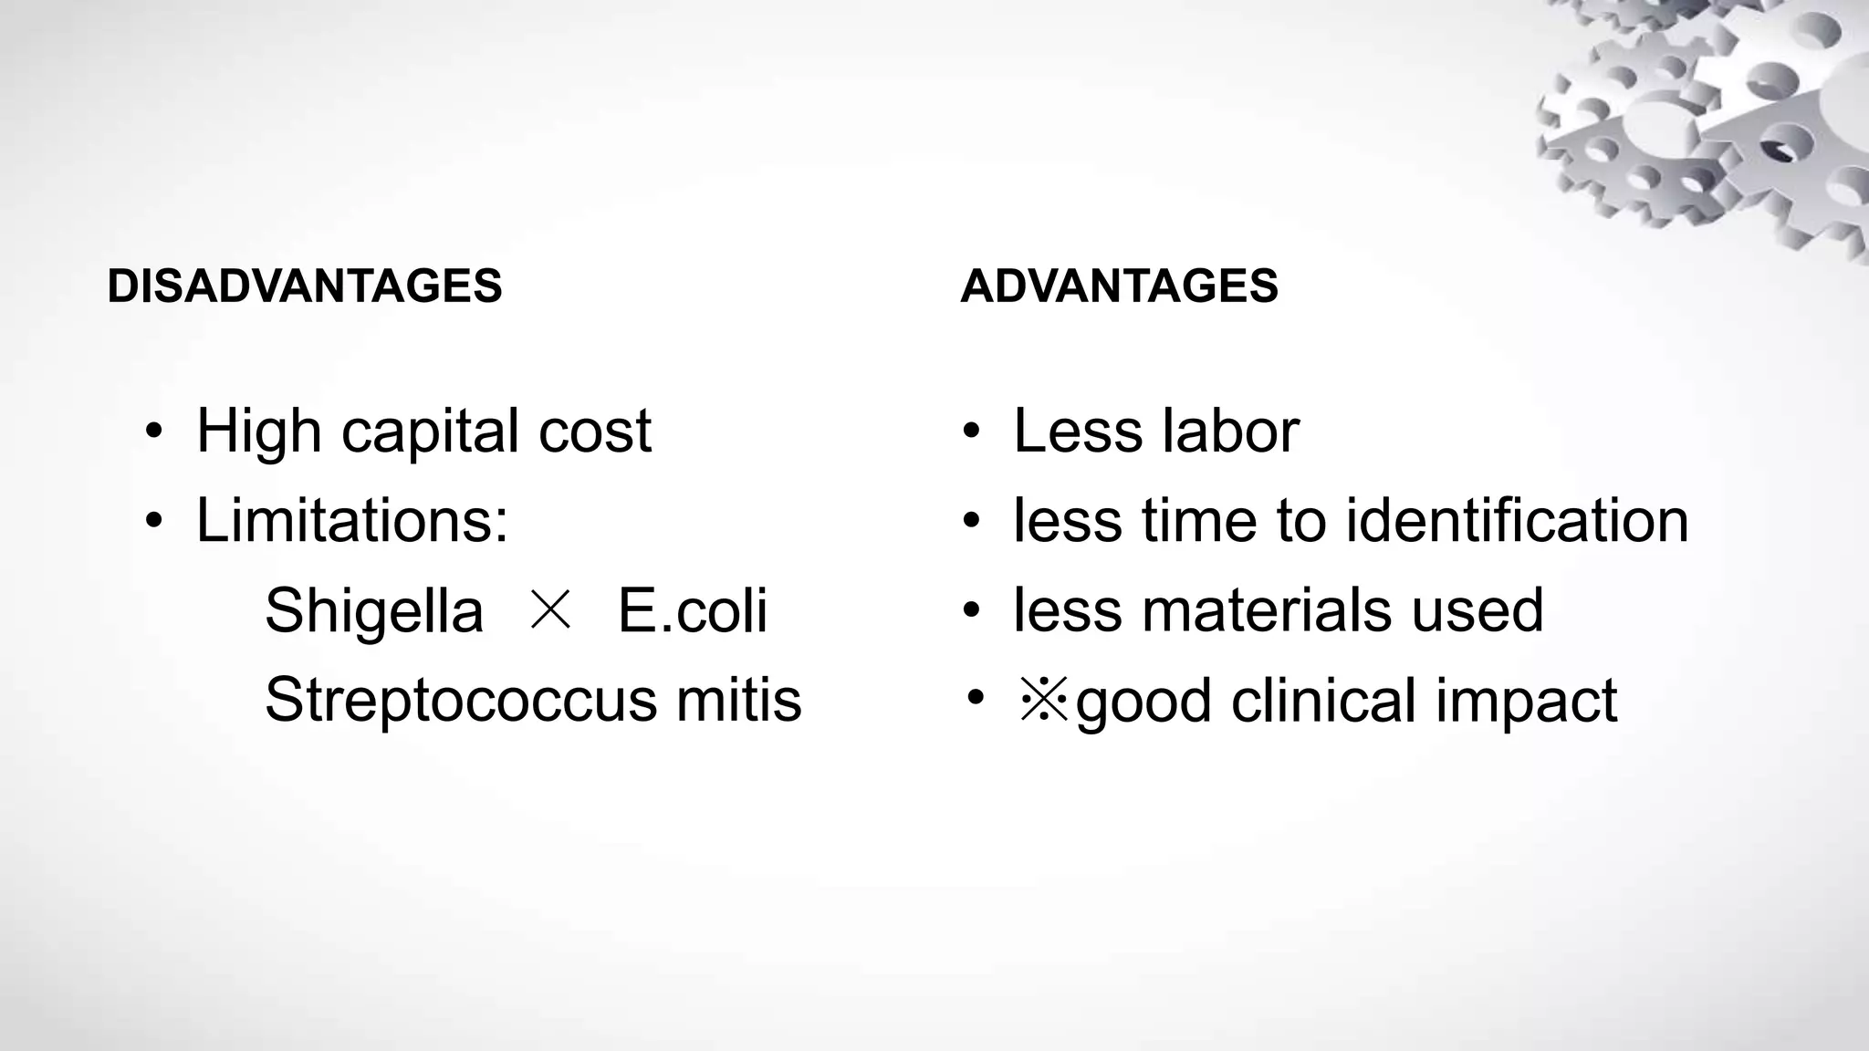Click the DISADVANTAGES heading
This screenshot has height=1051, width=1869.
(x=304, y=286)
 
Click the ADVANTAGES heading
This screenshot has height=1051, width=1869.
(x=1119, y=286)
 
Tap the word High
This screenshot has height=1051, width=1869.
(x=258, y=431)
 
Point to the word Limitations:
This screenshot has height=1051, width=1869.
(x=352, y=520)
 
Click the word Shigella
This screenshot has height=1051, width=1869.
(x=373, y=610)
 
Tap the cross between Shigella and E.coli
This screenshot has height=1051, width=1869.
(x=550, y=609)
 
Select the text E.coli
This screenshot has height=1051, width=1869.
(x=693, y=610)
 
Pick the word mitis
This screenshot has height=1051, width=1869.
(x=738, y=700)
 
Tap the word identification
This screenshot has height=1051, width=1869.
(x=1517, y=520)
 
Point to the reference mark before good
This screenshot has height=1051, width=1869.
(x=1044, y=701)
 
